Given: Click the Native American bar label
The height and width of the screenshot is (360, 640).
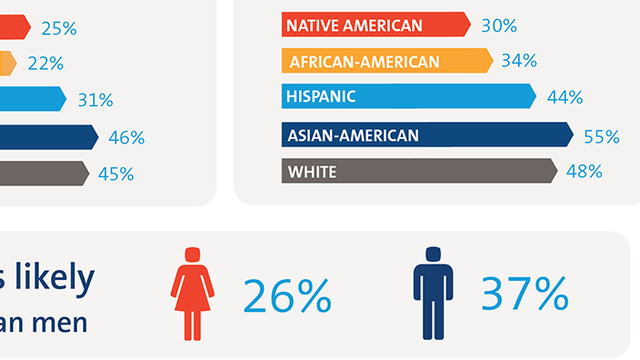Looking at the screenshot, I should click(x=355, y=25).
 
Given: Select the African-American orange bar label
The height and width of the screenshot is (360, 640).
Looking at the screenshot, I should click(x=364, y=62).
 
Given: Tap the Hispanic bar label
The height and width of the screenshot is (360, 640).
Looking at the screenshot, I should click(x=321, y=96).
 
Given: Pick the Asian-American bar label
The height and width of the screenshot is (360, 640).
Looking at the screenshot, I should click(x=353, y=135).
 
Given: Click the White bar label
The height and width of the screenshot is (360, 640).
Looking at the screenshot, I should click(x=312, y=172).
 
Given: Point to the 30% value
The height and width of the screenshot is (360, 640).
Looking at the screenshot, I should click(x=499, y=25).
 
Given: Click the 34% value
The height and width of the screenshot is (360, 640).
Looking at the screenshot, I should click(x=519, y=61).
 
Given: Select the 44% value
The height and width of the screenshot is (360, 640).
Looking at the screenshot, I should click(x=565, y=97).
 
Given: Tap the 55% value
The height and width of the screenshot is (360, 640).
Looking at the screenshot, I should click(x=601, y=136).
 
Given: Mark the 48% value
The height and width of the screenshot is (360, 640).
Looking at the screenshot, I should click(x=585, y=171).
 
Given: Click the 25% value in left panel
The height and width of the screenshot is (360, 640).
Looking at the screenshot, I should click(x=59, y=28).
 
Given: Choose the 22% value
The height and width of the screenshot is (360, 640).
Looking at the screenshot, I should click(x=45, y=64).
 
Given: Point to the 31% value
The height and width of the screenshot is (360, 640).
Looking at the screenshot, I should click(x=95, y=100).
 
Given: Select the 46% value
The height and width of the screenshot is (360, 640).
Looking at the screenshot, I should click(x=126, y=137).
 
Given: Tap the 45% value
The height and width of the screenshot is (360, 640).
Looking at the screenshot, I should click(x=115, y=173).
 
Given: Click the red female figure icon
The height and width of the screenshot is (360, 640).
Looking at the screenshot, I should click(x=193, y=293).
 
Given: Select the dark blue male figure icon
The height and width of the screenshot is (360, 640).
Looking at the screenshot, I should click(x=433, y=293).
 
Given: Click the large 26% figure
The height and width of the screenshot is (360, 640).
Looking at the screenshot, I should click(x=286, y=295).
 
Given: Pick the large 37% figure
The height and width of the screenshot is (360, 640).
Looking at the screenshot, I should click(x=525, y=294).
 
